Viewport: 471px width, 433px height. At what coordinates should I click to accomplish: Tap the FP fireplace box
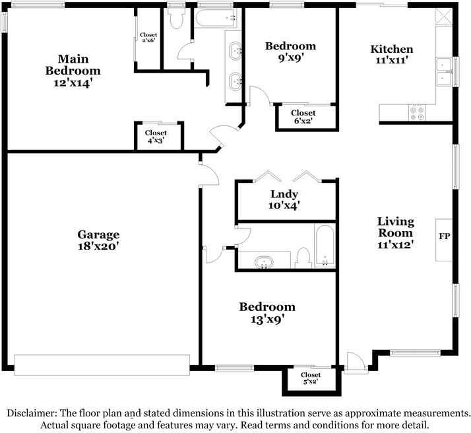tap(444, 236)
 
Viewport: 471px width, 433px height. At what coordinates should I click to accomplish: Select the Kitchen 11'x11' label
tap(392, 54)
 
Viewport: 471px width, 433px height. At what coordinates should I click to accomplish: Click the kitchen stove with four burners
tap(417, 113)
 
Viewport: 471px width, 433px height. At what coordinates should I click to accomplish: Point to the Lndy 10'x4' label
tap(284, 199)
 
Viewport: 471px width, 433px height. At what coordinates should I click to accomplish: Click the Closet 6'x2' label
tap(303, 117)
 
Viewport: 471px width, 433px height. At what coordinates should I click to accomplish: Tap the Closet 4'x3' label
tap(156, 137)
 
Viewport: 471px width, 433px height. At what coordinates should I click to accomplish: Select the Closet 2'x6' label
tap(148, 38)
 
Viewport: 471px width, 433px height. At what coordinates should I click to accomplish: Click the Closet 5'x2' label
tap(310, 378)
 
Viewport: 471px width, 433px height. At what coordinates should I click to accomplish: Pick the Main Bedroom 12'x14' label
tap(73, 70)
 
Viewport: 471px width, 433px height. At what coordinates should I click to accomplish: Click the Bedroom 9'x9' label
tap(290, 51)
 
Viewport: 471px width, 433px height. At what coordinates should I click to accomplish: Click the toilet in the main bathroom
tap(175, 20)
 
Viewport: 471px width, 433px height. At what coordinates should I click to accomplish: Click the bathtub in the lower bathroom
tap(324, 246)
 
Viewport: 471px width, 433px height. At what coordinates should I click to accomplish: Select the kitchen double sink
tap(443, 72)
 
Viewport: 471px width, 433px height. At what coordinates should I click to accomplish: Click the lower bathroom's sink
tap(264, 262)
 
